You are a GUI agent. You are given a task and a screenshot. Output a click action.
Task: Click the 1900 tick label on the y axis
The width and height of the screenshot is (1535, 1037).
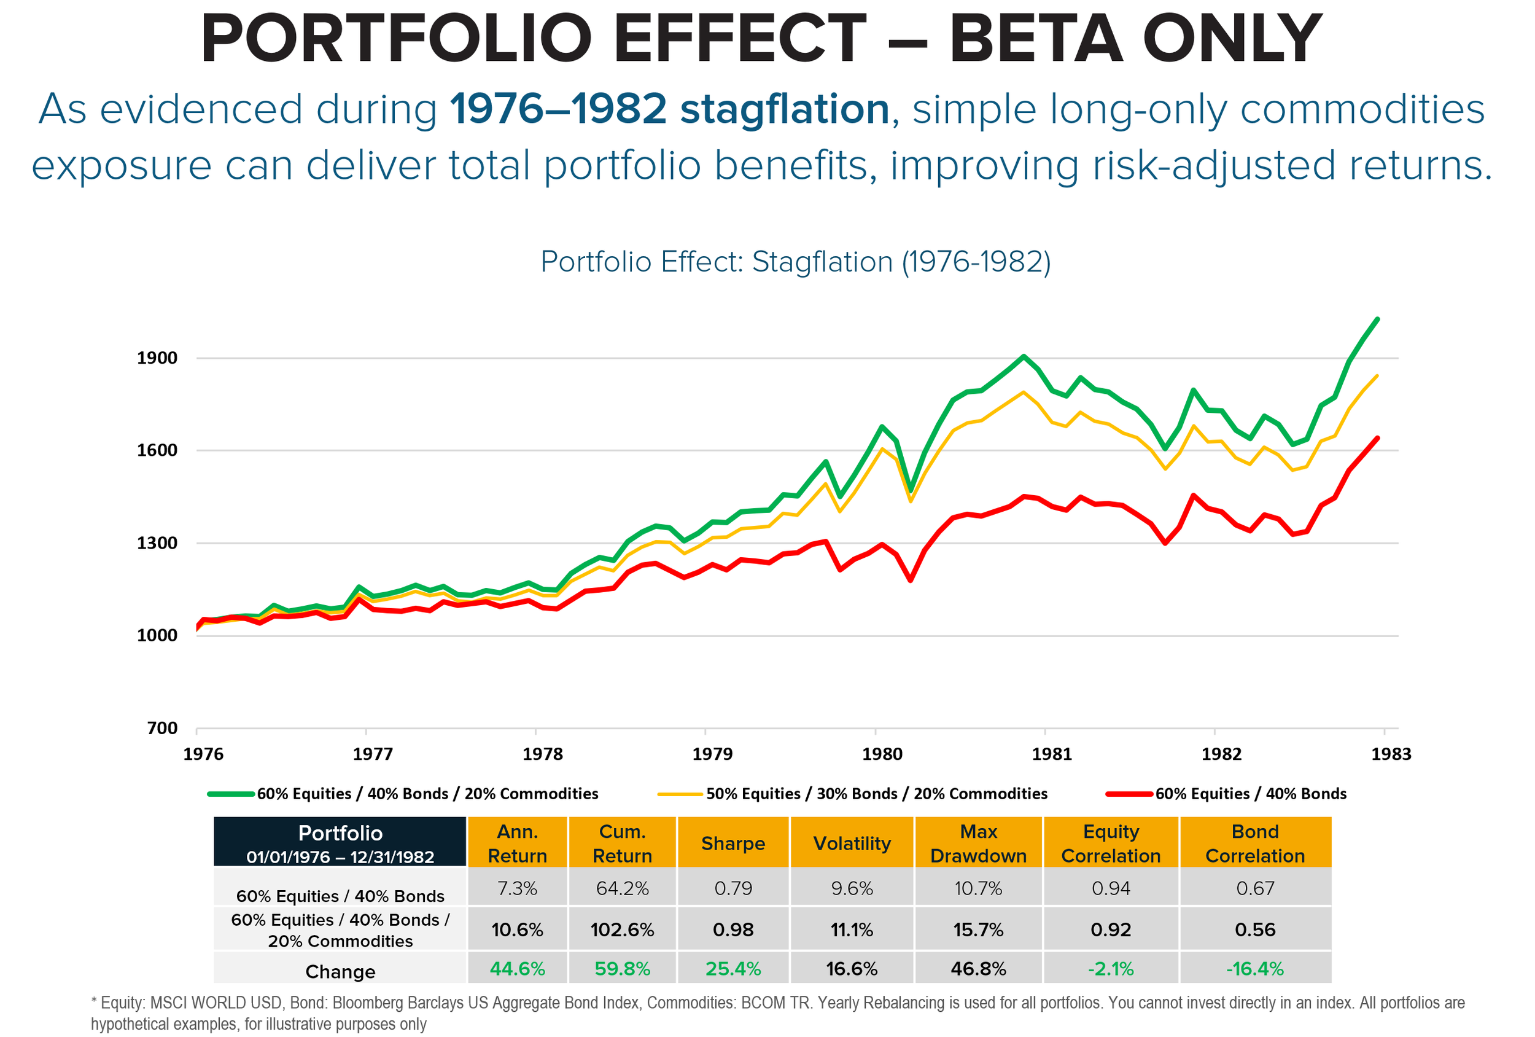click(x=157, y=358)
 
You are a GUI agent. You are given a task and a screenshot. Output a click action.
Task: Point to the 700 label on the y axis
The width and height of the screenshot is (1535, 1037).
click(x=163, y=729)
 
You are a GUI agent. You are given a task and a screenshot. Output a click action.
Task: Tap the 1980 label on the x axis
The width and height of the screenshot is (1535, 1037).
click(x=882, y=754)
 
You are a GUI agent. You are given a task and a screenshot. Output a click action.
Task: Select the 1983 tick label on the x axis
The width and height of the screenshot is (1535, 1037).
click(x=1391, y=754)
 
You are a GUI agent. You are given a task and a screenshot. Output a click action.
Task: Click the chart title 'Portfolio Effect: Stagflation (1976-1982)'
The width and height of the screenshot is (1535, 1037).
click(x=795, y=262)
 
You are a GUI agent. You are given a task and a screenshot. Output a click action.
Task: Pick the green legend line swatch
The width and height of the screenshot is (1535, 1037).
click(x=231, y=794)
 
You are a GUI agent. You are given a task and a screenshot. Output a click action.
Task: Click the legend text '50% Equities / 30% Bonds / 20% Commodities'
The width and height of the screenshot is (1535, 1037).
click(x=876, y=794)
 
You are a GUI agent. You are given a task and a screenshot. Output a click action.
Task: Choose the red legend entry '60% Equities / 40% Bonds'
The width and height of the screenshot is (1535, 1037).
click(x=1250, y=794)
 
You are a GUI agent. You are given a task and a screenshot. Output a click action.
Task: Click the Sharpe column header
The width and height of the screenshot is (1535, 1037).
click(x=733, y=843)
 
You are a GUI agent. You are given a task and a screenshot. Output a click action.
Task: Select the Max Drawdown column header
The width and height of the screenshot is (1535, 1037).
click(x=978, y=843)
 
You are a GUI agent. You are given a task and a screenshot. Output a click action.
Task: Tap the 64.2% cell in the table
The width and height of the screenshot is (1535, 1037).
click(x=622, y=888)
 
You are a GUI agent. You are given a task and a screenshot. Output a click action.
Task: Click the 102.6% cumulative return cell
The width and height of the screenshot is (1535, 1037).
click(x=622, y=930)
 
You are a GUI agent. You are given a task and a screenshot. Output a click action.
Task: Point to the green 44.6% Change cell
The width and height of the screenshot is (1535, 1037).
click(x=517, y=969)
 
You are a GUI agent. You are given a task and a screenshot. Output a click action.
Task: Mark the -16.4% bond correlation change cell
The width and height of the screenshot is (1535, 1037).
click(x=1255, y=969)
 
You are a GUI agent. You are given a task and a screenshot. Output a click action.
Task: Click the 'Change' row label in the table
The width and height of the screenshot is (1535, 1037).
click(x=340, y=971)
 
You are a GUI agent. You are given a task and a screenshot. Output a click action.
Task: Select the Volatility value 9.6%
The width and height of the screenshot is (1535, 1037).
click(x=852, y=888)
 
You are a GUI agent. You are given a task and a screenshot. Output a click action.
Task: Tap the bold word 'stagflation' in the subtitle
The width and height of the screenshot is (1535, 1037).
click(x=785, y=109)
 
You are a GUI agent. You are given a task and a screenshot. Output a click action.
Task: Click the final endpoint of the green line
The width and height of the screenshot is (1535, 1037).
click(x=1377, y=319)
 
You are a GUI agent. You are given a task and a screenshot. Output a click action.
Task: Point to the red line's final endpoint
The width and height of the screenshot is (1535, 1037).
click(x=1377, y=438)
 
